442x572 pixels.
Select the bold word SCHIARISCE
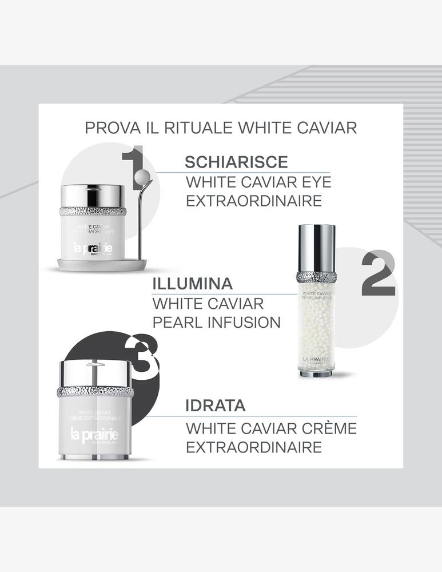[x=236, y=162]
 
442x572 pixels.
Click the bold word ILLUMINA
[x=193, y=284]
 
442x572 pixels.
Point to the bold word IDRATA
[x=216, y=406]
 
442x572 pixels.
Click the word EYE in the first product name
[x=313, y=183]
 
